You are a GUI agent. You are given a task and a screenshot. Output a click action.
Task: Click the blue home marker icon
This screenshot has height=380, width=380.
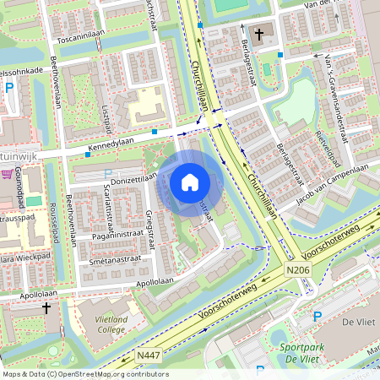coord(190,182)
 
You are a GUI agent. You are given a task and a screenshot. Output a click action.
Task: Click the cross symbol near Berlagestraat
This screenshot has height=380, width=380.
coord(259,35)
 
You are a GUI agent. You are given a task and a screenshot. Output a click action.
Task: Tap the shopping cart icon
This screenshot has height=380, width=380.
coord(8,175)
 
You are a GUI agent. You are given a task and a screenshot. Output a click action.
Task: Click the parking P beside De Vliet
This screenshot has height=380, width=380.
coord(318,318)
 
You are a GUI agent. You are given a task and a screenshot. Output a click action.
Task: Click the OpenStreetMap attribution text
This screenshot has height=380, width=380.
coord(84,374)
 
